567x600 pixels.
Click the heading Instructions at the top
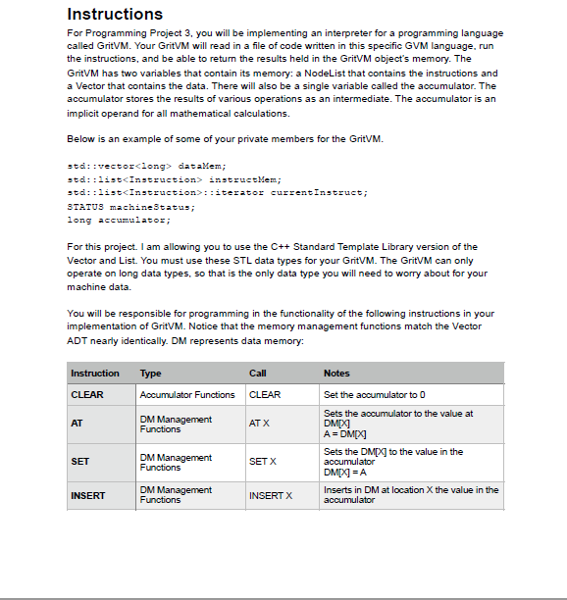pos(115,14)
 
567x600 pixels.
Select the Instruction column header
pos(95,374)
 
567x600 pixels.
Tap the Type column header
pos(151,374)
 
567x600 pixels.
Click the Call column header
pos(258,374)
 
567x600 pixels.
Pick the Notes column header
pos(336,374)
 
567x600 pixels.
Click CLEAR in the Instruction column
pos(87,395)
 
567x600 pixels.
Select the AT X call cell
pos(260,424)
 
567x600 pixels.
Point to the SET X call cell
pos(263,461)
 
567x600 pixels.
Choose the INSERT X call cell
pos(270,495)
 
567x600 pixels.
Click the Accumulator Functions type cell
pos(187,395)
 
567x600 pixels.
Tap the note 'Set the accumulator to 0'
pos(374,395)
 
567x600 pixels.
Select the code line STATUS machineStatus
pos(130,207)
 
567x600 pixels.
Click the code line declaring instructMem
pos(174,179)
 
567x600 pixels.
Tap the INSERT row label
pos(88,495)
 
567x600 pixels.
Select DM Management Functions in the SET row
pos(176,462)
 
